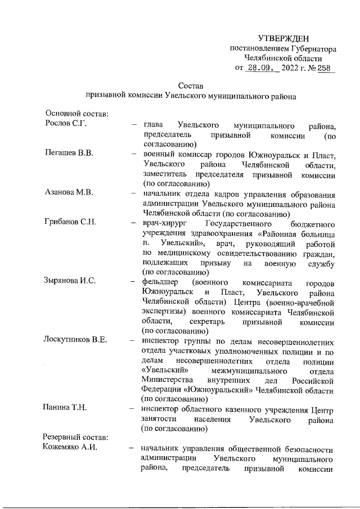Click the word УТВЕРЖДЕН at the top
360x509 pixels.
[x=283, y=39]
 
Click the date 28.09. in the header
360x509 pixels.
[x=260, y=69]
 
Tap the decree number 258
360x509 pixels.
[x=325, y=69]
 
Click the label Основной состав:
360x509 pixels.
[x=76, y=114]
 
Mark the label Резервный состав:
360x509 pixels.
[x=76, y=438]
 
